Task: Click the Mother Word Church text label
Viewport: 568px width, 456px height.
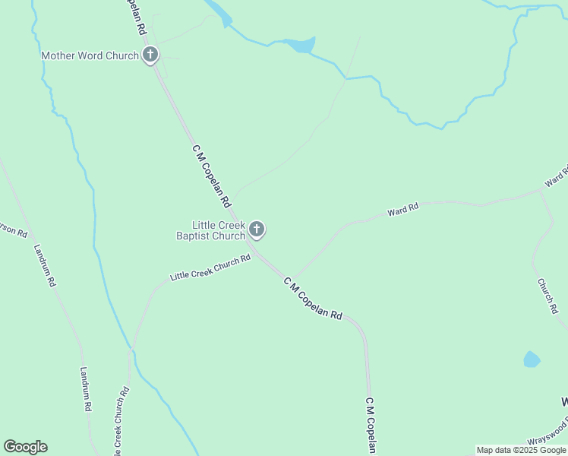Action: coord(90,55)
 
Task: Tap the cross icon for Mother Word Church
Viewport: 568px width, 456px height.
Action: coord(150,55)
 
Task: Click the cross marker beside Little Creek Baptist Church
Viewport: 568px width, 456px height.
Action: coord(257,229)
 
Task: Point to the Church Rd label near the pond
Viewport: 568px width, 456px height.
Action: coord(547,296)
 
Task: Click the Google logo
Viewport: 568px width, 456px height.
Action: coord(25,447)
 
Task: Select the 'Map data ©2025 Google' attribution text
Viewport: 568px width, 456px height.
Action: coord(522,450)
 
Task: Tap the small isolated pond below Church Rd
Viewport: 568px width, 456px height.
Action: coord(532,359)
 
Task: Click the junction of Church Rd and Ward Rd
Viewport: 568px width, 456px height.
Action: coord(540,192)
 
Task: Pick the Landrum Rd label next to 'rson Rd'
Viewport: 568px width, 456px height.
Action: coord(45,264)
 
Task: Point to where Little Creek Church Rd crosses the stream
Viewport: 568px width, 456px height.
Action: coord(131,349)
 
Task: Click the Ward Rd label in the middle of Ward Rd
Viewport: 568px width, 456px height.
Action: coord(402,209)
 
